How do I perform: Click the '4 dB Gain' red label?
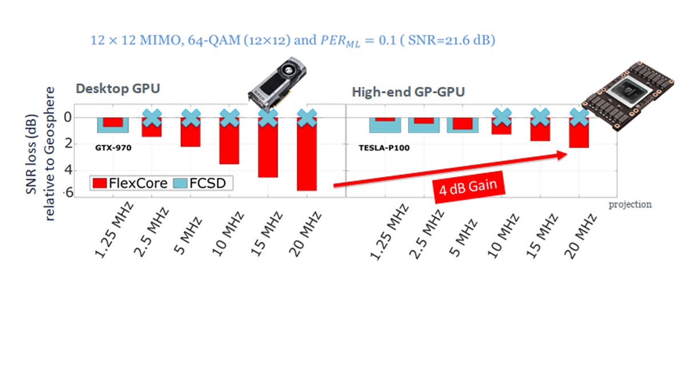tap(469, 186)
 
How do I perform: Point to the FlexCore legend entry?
tap(131, 183)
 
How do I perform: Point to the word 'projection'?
tap(630, 204)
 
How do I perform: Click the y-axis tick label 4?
tap(69, 170)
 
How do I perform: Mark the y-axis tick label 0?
tap(69, 118)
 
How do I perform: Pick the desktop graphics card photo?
tap(277, 81)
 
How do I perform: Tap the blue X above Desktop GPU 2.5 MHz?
tap(152, 118)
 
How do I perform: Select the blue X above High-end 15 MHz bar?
tap(540, 118)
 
